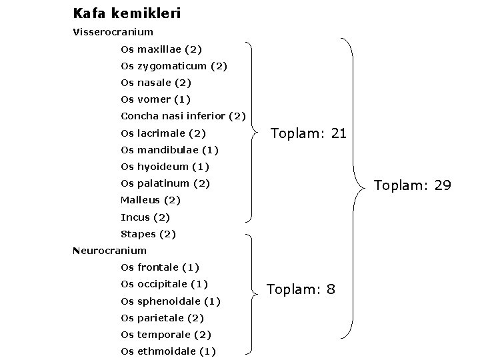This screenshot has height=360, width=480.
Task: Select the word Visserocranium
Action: tap(113, 31)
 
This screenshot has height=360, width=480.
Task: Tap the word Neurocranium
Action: tap(109, 251)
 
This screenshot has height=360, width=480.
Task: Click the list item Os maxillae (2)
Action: tap(161, 49)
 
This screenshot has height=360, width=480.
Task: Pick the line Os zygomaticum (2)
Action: tap(174, 66)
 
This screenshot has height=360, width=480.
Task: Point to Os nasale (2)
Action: tap(156, 83)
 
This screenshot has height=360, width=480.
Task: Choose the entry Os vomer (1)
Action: tap(155, 99)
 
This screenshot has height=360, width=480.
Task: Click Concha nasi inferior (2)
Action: tap(183, 116)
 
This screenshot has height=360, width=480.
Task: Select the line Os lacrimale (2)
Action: tap(163, 133)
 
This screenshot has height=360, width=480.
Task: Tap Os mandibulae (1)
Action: tap(169, 149)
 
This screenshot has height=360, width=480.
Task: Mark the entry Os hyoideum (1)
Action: tap(165, 166)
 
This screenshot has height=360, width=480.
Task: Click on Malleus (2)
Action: tap(151, 200)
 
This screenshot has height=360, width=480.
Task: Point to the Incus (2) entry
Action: tap(145, 217)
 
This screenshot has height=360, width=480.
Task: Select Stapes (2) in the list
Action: tap(148, 234)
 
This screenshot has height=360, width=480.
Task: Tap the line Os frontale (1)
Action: tap(160, 267)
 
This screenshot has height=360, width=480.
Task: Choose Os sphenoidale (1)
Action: tap(171, 301)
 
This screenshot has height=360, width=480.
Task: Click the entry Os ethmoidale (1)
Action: tap(168, 351)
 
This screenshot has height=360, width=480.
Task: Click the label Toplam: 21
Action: tap(308, 133)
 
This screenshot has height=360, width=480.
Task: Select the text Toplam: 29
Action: tap(413, 185)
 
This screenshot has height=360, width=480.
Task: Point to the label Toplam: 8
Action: tap(301, 289)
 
